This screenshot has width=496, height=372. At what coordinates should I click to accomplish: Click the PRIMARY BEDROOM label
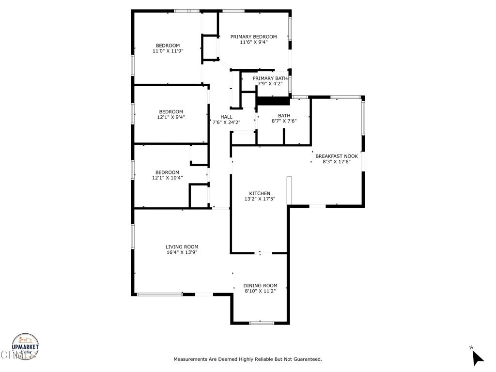[253, 37]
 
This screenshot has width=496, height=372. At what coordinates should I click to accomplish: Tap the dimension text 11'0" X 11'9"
[168, 51]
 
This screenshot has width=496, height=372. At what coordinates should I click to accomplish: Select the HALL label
[226, 117]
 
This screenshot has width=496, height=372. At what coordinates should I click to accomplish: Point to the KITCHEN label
[260, 193]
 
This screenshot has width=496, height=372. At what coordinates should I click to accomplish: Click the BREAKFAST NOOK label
[336, 156]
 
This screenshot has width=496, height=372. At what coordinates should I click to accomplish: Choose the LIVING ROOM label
[182, 247]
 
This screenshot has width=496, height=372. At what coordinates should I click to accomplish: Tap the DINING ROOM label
[260, 285]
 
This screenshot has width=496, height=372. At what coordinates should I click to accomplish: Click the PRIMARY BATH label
[270, 78]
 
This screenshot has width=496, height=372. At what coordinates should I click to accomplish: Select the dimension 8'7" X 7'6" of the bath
[284, 121]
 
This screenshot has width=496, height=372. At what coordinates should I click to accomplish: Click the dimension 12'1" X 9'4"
[171, 117]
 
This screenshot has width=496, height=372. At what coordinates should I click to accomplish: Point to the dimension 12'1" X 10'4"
[167, 178]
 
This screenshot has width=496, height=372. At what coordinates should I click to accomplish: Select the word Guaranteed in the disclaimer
[306, 359]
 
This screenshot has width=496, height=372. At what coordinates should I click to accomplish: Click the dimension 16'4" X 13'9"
[182, 252]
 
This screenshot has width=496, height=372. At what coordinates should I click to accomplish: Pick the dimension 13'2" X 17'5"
[260, 199]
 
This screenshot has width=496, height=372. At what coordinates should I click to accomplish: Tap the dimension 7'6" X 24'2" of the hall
[226, 123]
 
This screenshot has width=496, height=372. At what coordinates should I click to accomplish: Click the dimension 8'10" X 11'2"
[260, 291]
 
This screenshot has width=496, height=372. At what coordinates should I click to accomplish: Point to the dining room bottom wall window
[262, 323]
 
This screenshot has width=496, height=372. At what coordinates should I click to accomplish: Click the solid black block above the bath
[273, 101]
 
